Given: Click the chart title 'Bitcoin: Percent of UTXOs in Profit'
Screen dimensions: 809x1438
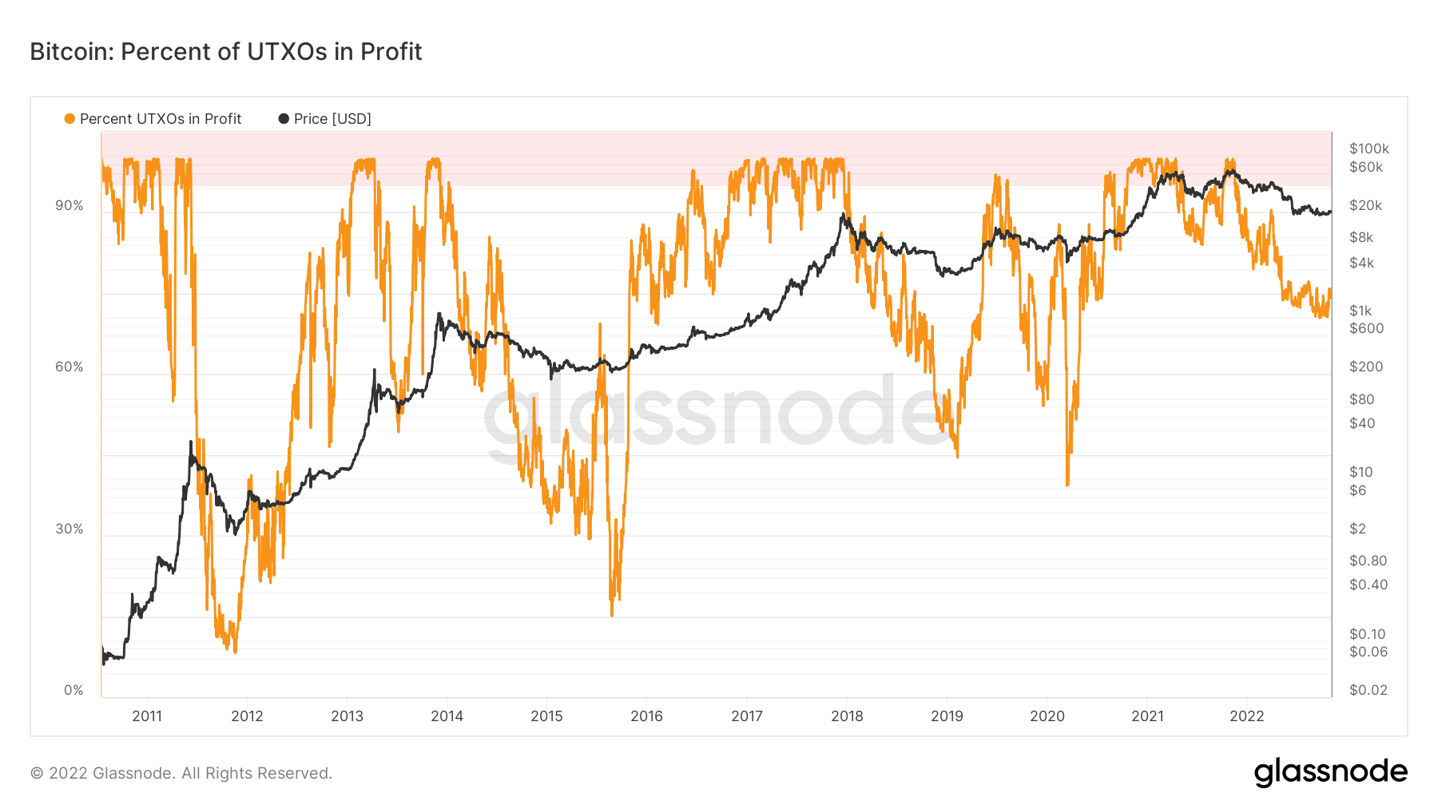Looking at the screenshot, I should click(x=226, y=52).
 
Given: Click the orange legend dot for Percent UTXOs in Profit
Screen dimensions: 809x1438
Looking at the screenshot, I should click(x=70, y=119).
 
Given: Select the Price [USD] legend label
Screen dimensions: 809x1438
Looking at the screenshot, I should click(x=332, y=119).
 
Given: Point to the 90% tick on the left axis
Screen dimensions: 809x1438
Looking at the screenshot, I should click(x=70, y=205).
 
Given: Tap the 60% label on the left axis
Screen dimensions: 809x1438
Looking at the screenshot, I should click(x=70, y=367).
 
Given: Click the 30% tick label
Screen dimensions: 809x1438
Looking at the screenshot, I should click(x=70, y=529).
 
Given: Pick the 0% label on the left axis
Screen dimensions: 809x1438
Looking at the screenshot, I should click(x=73, y=690).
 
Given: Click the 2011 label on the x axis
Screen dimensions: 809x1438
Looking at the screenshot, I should click(x=147, y=716).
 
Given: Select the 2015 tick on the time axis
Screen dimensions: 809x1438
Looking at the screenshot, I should click(x=546, y=716).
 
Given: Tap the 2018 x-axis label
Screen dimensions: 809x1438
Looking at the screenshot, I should click(x=847, y=716).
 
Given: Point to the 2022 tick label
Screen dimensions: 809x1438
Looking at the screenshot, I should click(x=1247, y=716).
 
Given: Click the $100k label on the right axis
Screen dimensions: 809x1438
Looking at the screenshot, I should click(x=1369, y=149).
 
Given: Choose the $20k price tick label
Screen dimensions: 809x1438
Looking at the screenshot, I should click(x=1366, y=205).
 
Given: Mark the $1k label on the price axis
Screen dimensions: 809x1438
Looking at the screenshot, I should click(x=1361, y=311).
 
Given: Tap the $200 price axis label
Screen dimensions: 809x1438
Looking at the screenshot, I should click(x=1366, y=367).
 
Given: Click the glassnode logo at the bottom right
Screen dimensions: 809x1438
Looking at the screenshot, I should click(x=1330, y=772).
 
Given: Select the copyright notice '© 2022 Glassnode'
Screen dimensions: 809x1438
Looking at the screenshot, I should click(x=181, y=773).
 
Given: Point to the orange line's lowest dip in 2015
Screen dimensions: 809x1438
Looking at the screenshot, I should click(x=612, y=613).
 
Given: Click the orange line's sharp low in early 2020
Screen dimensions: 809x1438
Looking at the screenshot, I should click(x=1067, y=483).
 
